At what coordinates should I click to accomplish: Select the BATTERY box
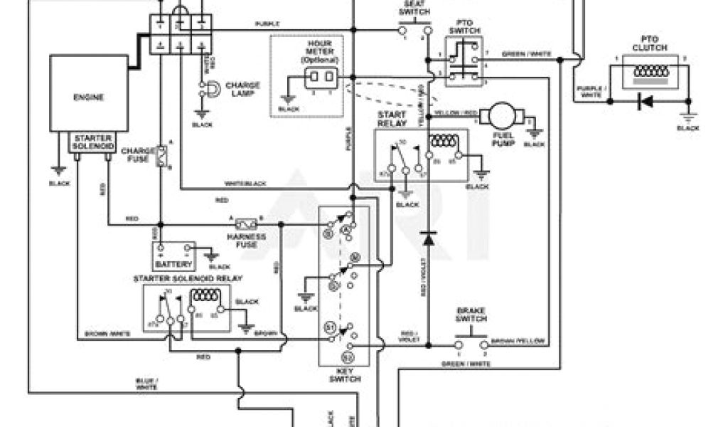tap(173, 254)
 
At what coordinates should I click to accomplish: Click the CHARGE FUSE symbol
tap(162, 157)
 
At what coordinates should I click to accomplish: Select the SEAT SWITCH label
tap(412, 9)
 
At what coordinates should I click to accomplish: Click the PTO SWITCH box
tap(463, 61)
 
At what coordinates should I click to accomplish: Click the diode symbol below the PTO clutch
tap(646, 102)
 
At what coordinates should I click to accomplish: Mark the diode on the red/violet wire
tap(427, 238)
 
